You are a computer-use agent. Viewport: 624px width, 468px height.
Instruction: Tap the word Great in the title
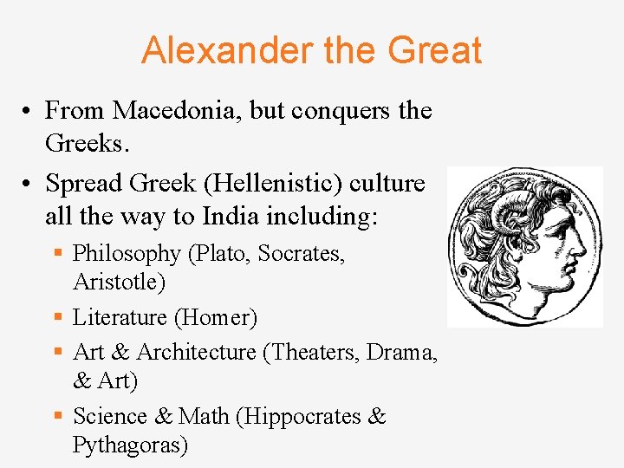(434, 50)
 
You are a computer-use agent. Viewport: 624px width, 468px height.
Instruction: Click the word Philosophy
(127, 254)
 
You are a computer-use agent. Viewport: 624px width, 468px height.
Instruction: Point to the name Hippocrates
(303, 417)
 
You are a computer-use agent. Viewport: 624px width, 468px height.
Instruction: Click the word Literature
(120, 318)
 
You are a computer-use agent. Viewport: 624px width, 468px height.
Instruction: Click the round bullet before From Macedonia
(29, 112)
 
